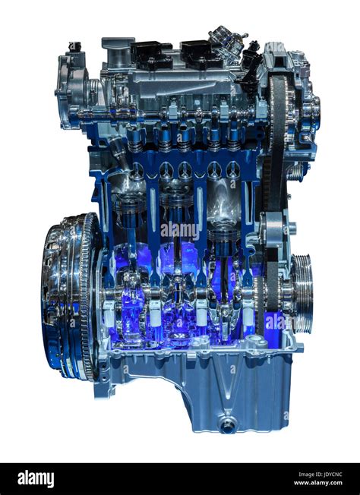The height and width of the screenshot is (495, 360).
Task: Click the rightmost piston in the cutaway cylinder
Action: coord(224,235)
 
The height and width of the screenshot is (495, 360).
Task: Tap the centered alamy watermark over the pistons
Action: coord(180,228)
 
